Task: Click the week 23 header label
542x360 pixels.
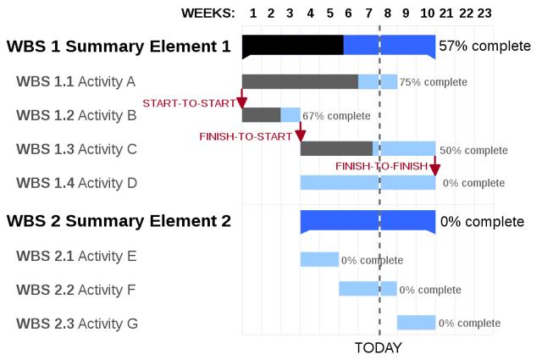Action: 484,14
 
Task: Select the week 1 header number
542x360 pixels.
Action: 253,14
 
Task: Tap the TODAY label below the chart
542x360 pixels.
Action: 379,348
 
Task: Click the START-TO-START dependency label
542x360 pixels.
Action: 189,103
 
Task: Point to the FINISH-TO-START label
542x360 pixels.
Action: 246,136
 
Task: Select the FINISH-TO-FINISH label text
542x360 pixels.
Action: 382,166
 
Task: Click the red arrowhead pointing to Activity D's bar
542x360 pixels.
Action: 434,169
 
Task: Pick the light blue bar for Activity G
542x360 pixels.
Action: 416,323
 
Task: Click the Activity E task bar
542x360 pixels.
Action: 319,259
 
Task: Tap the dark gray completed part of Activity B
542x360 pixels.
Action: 262,115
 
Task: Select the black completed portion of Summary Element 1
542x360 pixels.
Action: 293,45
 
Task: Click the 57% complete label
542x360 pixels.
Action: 484,46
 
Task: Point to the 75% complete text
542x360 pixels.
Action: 433,82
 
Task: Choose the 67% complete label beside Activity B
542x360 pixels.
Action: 336,116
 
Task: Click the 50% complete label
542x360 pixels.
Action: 473,151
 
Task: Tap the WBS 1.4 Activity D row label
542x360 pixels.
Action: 77,183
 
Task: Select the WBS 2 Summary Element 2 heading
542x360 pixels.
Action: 119,221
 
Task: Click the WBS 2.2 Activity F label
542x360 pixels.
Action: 76,290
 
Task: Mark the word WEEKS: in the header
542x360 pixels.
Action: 208,14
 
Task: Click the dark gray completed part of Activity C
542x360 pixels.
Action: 337,149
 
